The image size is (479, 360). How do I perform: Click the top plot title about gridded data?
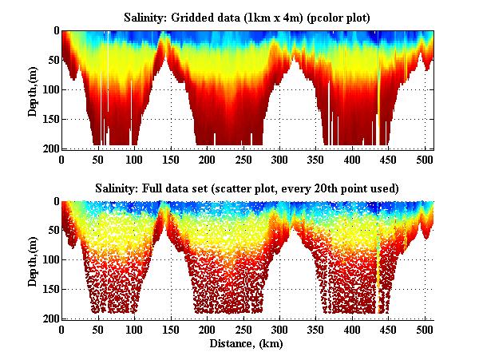pos(248,17)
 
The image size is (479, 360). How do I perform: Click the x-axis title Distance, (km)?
pos(248,344)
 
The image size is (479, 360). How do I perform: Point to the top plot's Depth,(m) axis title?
pos(34,89)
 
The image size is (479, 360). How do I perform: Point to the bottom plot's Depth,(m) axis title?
pos(34,260)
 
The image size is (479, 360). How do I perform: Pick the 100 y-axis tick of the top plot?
pos(49,89)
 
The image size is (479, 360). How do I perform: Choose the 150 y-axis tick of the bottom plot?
pos(49,289)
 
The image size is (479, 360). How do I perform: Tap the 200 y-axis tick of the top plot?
pos(49,148)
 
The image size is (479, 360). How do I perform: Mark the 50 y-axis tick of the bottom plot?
pos(52,231)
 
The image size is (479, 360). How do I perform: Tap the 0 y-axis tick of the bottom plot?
pos(55,202)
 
